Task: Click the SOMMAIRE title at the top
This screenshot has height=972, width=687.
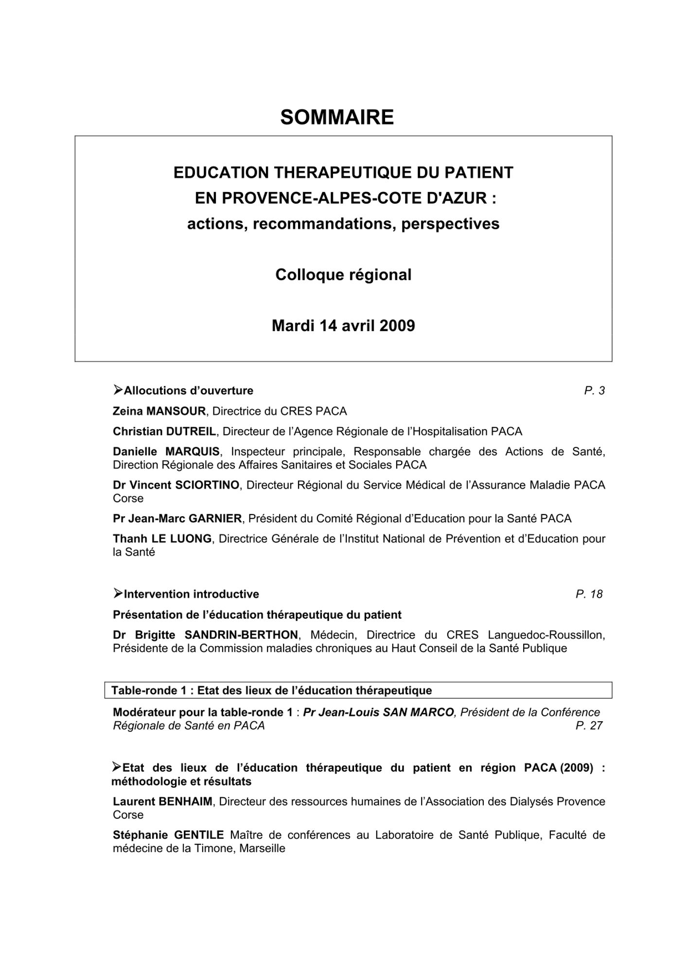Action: [337, 117]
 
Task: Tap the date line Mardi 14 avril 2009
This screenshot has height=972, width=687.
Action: [343, 325]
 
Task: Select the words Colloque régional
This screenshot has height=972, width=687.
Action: [343, 275]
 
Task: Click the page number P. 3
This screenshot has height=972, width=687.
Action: [594, 391]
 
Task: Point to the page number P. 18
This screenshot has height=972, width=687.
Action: [589, 594]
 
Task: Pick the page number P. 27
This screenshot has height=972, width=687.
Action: [589, 726]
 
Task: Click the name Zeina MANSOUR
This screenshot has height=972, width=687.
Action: [159, 411]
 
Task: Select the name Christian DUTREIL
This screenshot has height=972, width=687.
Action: [164, 432]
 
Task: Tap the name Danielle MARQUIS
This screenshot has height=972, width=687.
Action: [166, 451]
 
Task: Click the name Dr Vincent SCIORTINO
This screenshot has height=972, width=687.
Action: [176, 485]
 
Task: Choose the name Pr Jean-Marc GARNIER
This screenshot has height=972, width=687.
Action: [177, 519]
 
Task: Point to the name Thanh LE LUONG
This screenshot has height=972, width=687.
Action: [162, 538]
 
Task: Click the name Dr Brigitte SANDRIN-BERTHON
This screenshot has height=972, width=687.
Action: [205, 635]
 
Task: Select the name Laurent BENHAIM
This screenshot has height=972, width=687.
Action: [162, 801]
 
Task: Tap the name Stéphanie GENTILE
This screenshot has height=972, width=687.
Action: [168, 835]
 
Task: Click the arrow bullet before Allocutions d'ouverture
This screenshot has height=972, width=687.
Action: [118, 390]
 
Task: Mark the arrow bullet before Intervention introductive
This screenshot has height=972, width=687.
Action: [118, 593]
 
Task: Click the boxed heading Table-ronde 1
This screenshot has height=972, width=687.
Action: [271, 690]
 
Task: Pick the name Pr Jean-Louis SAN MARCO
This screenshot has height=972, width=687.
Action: [378, 712]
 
